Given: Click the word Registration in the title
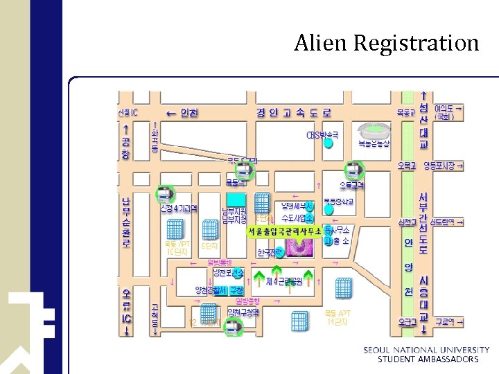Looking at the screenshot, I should pos(416,44).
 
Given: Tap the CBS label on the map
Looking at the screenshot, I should pos(322,134).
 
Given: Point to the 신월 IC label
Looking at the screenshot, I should pos(128,112).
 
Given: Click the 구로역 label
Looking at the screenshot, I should pos(446,321).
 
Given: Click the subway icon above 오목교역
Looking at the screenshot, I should pos(354,168).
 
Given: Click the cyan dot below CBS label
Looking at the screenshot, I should pos(329,145).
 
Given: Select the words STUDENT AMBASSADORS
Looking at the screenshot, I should pos(428,359).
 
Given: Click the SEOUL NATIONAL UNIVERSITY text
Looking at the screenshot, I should pos(426,350).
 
